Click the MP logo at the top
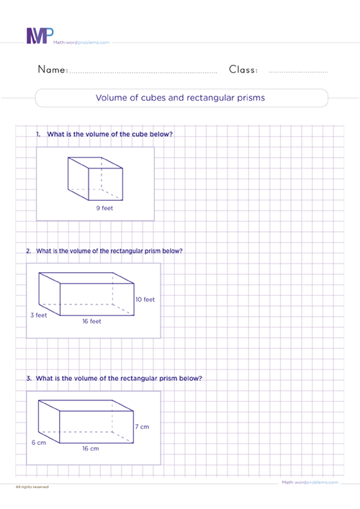click(x=39, y=36)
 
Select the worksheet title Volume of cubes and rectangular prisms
click(x=180, y=98)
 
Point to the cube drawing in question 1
click(x=94, y=178)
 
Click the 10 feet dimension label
click(x=145, y=299)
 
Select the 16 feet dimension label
click(x=91, y=322)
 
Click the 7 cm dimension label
click(x=142, y=427)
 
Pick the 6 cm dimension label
click(x=38, y=442)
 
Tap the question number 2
click(x=28, y=251)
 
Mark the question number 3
click(x=27, y=378)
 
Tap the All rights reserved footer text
click(x=32, y=487)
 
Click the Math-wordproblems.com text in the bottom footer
click(x=300, y=482)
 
